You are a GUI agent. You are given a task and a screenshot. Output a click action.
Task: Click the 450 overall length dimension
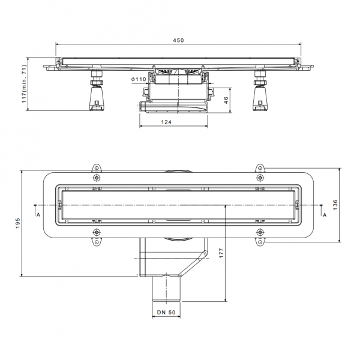pyautogui.click(x=178, y=40)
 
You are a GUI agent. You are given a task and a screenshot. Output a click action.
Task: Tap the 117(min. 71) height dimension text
pyautogui.click(x=25, y=84)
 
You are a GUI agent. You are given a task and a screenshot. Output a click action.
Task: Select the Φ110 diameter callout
pyautogui.click(x=139, y=79)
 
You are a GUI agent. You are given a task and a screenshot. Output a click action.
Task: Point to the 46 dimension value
pyautogui.click(x=226, y=100)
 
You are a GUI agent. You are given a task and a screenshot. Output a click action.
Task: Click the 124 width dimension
pyautogui.click(x=166, y=122)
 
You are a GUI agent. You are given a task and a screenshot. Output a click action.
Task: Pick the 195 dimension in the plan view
pyautogui.click(x=18, y=223)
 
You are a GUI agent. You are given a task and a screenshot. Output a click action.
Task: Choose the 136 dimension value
pyautogui.click(x=335, y=205)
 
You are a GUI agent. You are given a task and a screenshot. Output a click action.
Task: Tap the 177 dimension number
pyautogui.click(x=221, y=253)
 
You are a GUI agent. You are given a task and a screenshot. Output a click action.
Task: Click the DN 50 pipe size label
pyautogui.click(x=166, y=313)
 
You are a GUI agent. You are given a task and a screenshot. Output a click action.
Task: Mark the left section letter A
pyautogui.click(x=38, y=215)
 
